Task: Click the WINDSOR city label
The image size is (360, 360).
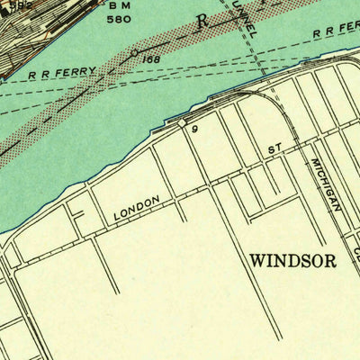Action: [x=292, y=262]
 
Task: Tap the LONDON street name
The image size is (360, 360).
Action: [x=137, y=209]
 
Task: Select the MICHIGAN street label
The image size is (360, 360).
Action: [x=326, y=184]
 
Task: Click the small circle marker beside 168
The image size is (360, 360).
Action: [x=134, y=54]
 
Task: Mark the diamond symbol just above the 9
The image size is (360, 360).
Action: [x=183, y=122]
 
